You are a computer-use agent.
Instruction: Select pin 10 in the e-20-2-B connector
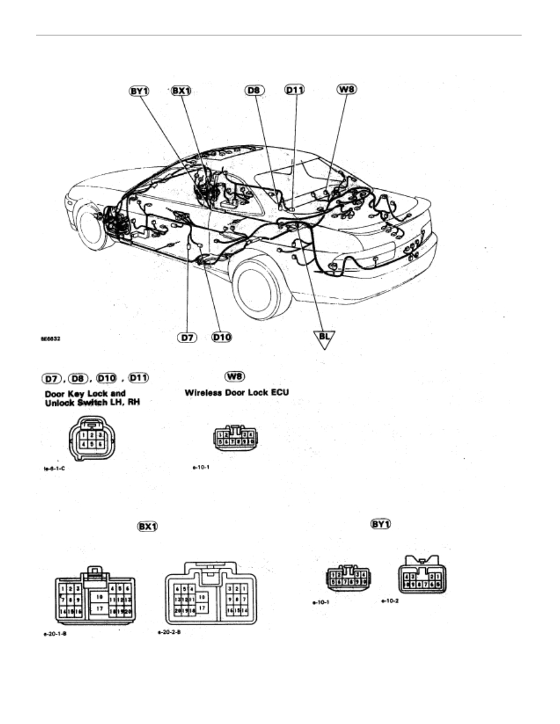pos(203,595)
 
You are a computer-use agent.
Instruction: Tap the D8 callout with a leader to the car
pos(253,91)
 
